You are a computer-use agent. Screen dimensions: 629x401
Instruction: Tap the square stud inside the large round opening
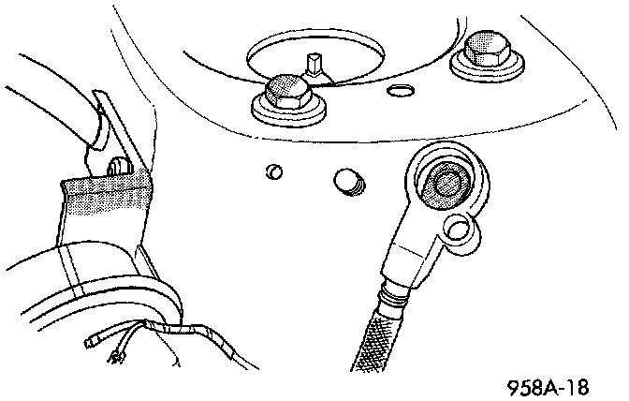314,66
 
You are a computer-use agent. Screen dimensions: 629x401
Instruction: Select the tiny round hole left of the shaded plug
273,171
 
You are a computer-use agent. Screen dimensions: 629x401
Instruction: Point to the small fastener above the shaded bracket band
117,166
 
